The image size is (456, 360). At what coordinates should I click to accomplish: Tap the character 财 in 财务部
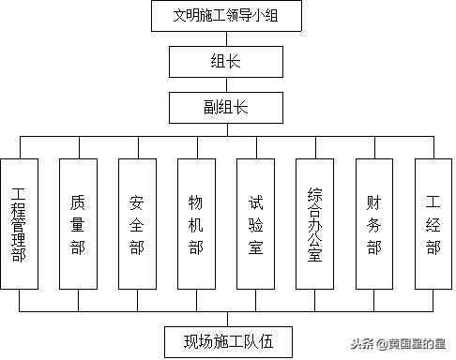(374, 201)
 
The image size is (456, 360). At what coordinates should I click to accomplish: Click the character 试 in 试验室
(255, 201)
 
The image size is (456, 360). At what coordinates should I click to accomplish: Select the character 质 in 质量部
(78, 201)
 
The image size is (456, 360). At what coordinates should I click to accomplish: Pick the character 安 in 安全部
(137, 201)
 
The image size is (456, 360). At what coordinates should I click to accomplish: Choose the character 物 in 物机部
(196, 201)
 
